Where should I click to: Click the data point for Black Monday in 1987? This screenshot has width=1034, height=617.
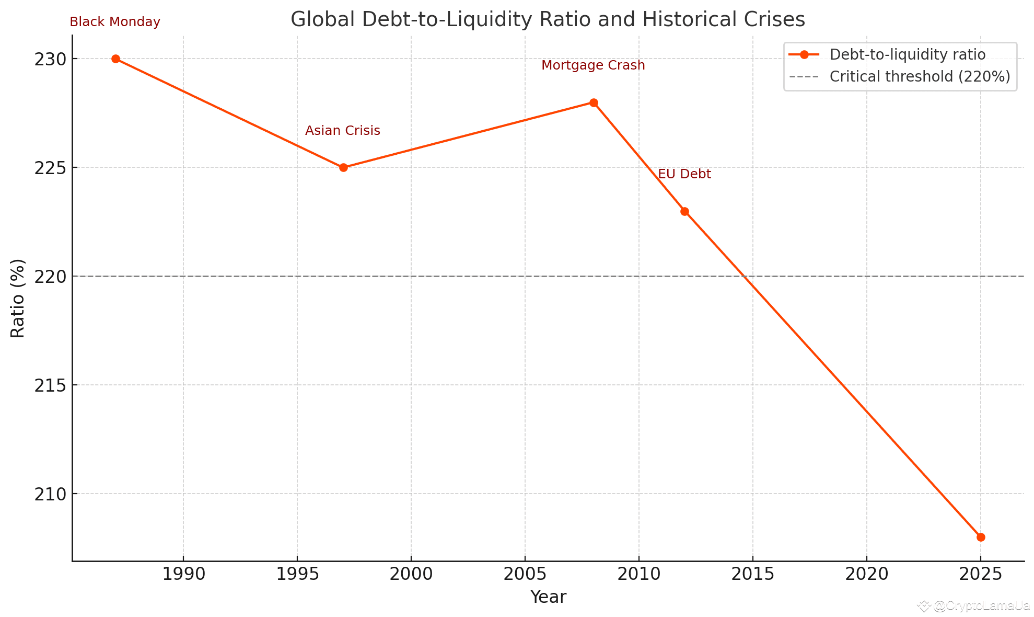click(115, 59)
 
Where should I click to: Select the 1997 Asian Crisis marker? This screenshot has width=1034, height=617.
click(343, 167)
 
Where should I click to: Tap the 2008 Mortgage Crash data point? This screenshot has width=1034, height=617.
click(594, 102)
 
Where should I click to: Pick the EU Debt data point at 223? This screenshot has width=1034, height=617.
click(684, 211)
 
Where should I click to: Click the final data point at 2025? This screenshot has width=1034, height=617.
click(981, 537)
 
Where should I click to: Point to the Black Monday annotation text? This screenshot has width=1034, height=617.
click(115, 22)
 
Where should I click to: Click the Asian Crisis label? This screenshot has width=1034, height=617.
click(343, 131)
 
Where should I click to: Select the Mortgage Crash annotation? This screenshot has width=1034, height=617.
click(593, 65)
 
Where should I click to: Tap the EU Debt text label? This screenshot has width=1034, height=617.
click(684, 174)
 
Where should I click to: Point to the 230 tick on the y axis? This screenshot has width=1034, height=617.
click(50, 59)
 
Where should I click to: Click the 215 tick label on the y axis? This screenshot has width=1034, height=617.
click(50, 385)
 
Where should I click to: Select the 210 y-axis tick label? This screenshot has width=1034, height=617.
click(50, 494)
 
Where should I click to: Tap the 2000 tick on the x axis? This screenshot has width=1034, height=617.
click(411, 574)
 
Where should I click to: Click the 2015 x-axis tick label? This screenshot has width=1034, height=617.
click(752, 574)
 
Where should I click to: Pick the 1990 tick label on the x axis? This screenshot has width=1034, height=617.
click(183, 574)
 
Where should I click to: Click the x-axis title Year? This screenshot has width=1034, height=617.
click(548, 597)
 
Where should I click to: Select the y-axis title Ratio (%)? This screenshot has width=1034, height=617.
click(18, 298)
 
